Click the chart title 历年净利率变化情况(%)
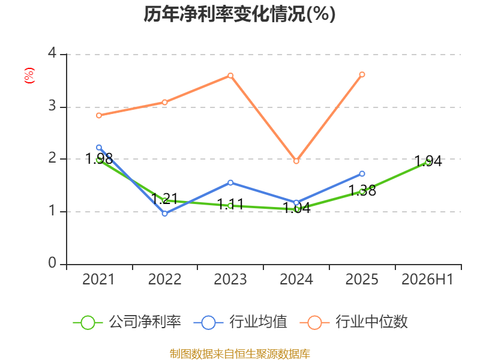[239, 14]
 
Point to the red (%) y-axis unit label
[29, 76]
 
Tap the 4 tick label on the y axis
[52, 53]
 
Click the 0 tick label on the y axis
[52, 263]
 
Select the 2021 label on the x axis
[98, 279]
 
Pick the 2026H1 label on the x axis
[427, 279]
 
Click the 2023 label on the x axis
[230, 279]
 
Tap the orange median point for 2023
[230, 76]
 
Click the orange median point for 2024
[296, 161]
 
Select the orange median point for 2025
[362, 74]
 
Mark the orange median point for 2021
[99, 115]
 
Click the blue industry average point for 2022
[164, 214]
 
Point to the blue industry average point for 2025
[362, 174]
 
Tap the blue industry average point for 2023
[230, 183]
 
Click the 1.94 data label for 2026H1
[428, 161]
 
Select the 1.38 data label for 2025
[362, 190]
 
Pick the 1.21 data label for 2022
[164, 199]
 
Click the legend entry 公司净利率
[127, 322]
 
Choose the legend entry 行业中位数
[353, 322]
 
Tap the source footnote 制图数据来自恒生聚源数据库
[240, 354]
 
